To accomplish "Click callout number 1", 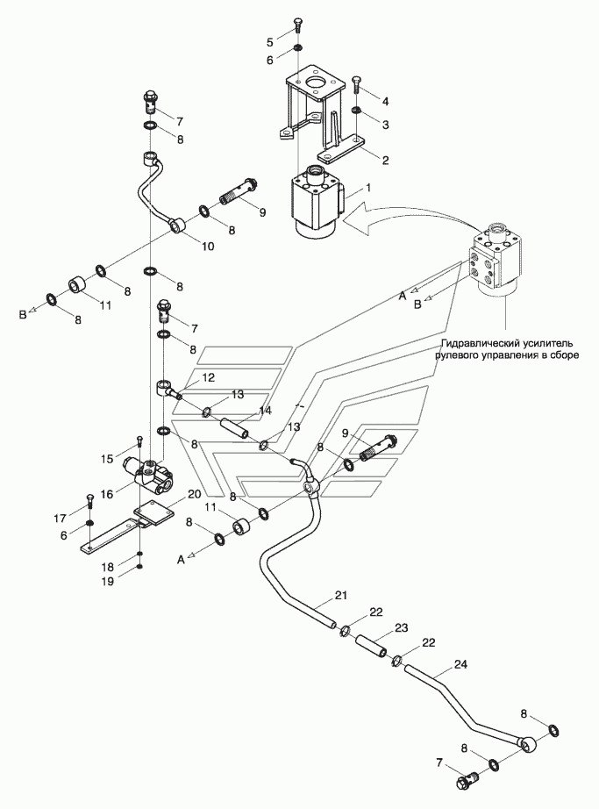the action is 367,188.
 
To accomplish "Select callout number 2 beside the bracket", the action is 385,160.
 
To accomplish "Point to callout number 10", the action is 207,246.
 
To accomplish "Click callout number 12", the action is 208,377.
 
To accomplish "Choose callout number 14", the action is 265,411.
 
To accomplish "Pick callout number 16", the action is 107,494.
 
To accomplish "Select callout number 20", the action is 194,494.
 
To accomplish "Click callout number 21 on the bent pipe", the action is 341,595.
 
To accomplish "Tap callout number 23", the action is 402,627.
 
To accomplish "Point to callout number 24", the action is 460,664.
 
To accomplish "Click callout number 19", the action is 107,581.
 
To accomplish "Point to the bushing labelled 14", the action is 234,429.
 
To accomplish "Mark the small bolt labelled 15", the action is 139,447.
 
